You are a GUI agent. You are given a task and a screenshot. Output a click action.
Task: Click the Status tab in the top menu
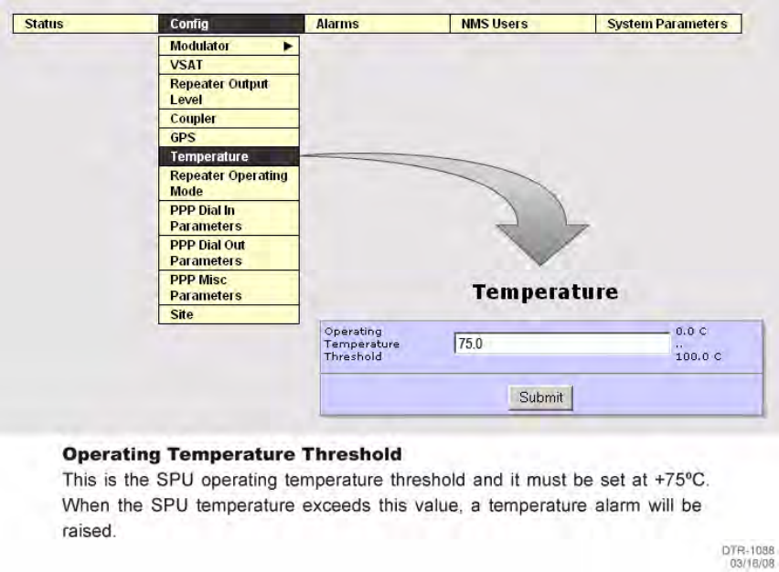85,24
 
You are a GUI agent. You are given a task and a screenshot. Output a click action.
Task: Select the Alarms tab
377,24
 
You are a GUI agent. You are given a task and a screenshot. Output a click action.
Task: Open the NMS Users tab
523,24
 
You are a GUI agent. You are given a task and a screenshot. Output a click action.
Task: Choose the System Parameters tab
668,24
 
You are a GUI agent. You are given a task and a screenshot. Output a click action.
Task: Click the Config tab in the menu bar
231,24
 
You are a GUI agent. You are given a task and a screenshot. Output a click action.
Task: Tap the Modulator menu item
229,46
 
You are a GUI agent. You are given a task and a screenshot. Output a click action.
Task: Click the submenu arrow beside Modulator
288,47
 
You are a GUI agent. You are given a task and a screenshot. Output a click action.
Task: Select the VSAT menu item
229,65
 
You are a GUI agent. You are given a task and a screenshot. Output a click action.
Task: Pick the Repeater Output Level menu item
229,92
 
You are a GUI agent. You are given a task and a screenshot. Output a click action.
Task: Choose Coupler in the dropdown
229,119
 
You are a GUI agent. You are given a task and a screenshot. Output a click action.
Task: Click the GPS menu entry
229,138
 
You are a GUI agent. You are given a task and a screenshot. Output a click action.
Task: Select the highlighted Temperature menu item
229,156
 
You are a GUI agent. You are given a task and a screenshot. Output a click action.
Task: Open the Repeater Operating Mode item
229,184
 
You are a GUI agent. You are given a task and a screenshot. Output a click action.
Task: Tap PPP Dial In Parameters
229,218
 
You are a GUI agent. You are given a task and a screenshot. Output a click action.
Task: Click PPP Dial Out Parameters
229,253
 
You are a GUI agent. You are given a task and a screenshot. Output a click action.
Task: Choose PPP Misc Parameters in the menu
229,288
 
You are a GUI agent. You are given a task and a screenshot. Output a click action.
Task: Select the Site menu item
229,314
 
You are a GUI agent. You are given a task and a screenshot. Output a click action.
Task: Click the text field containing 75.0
562,344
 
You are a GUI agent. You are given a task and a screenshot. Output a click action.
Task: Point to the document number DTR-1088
748,550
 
